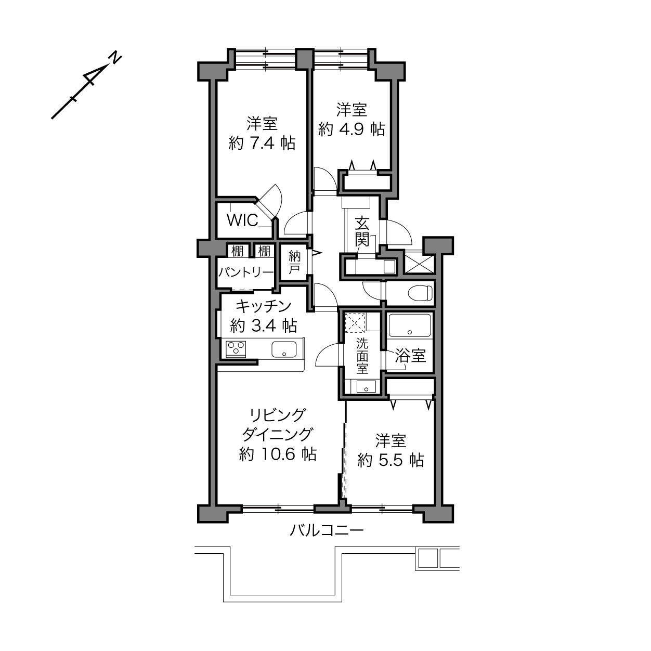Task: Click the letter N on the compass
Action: [115, 58]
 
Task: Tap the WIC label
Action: [242, 220]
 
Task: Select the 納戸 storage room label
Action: [295, 263]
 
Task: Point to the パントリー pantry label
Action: [245, 272]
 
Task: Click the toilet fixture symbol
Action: [420, 293]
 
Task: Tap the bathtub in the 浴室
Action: [410, 325]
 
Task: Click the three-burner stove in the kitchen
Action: [236, 349]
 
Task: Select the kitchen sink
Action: [284, 349]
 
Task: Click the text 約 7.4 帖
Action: [262, 143]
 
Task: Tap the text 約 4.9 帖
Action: [351, 129]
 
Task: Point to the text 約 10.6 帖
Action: [278, 454]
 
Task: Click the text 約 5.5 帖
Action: [390, 460]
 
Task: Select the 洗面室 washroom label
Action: [362, 356]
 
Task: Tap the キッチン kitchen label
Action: [264, 306]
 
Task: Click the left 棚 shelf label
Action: [238, 251]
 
